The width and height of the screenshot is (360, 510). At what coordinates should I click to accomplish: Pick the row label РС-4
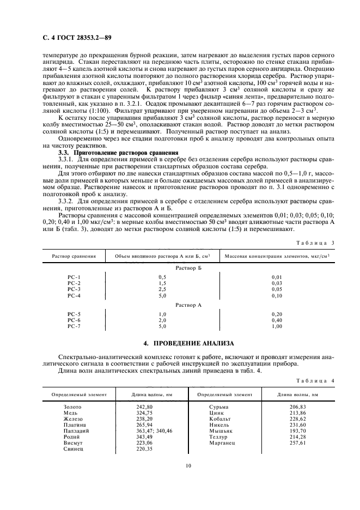(74, 295)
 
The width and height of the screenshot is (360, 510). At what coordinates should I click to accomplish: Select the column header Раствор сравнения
(74, 256)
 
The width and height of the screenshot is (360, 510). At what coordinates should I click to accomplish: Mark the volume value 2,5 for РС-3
(162, 289)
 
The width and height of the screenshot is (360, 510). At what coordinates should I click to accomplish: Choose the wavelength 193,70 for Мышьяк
(298, 430)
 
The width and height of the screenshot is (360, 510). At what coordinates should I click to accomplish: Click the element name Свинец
(73, 448)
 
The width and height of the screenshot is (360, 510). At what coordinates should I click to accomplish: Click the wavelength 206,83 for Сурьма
(298, 406)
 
